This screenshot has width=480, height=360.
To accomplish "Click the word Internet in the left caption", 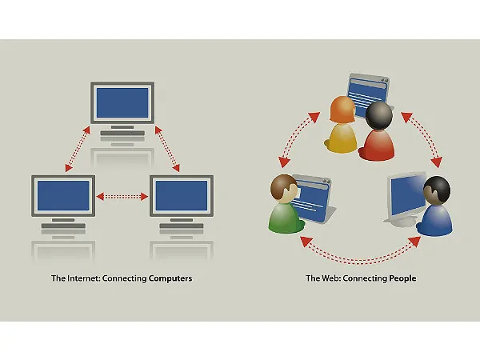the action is pyautogui.click(x=83, y=278).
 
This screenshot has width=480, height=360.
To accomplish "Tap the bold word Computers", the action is pyautogui.click(x=170, y=278).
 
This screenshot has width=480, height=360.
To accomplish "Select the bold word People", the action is pyautogui.click(x=402, y=278).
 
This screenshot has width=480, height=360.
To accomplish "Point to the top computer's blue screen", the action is pyautogui.click(x=122, y=103).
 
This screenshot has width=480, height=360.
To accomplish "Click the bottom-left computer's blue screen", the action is pyautogui.click(x=63, y=196).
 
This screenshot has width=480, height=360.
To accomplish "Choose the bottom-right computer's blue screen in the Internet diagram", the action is pyautogui.click(x=182, y=196).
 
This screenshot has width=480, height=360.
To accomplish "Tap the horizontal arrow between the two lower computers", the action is pyautogui.click(x=122, y=196).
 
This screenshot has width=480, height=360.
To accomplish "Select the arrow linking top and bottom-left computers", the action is pyautogui.click(x=78, y=149).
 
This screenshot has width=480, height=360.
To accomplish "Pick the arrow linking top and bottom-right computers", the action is pyautogui.click(x=167, y=149).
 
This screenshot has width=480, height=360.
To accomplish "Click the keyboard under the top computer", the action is pyautogui.click(x=122, y=133).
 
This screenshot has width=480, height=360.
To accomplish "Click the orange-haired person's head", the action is pyautogui.click(x=342, y=109).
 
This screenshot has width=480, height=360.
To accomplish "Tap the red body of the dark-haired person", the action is pyautogui.click(x=377, y=145).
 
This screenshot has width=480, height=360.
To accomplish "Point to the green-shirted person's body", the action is pyautogui.click(x=285, y=218).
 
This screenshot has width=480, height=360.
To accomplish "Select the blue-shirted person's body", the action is pyautogui.click(x=434, y=220).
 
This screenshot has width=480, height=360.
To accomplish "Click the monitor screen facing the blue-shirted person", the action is pyautogui.click(x=408, y=195).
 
